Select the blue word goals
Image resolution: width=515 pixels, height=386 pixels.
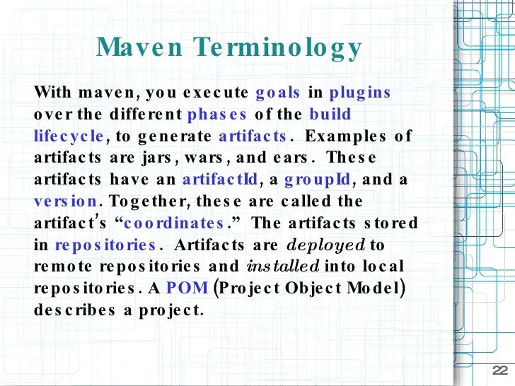coord(278,93)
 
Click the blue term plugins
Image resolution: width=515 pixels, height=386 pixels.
coord(360,93)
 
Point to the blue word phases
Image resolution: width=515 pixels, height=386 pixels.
coord(217,115)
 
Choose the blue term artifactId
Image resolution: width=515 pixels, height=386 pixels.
coord(221,180)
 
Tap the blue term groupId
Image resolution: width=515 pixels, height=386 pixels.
coord(317,180)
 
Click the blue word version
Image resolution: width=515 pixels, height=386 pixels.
coord(66,201)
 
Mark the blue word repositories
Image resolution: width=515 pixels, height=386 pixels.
coord(105,245)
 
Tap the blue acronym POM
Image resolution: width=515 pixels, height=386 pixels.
coord(187,288)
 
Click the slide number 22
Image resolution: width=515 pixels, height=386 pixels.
coord(499,373)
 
